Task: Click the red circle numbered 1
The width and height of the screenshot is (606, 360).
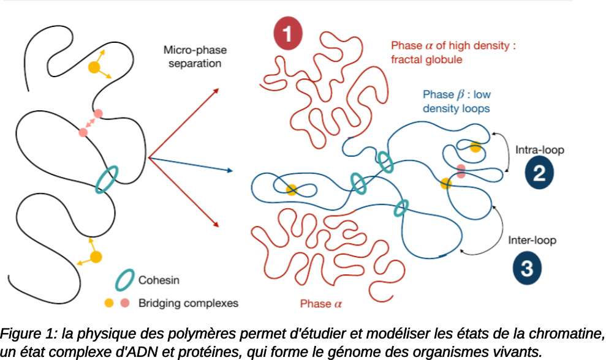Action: [288, 33]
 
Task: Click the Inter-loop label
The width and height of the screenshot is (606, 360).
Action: [532, 241]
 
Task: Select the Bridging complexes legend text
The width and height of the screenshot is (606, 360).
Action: [188, 302]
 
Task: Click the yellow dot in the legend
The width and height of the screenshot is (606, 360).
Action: [109, 302]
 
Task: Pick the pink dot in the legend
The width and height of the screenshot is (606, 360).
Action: [124, 302]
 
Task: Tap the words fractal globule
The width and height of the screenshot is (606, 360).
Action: [426, 60]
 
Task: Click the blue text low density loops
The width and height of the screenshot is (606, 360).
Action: [456, 108]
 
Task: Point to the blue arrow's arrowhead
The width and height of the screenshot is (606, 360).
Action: [230, 170]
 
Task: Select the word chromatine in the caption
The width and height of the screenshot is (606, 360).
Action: [569, 334]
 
